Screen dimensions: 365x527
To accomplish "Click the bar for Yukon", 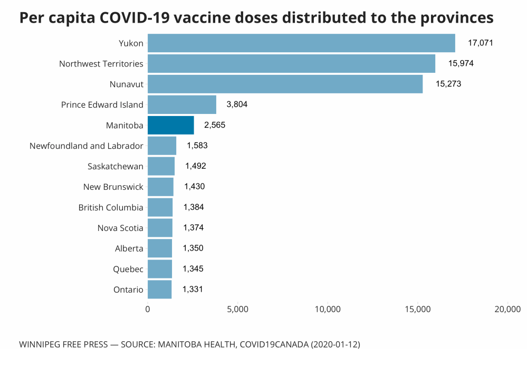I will [301, 43].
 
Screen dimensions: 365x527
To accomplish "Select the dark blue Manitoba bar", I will [170, 125].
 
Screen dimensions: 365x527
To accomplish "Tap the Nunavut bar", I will [285, 84].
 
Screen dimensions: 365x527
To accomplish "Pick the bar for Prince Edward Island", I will [182, 104].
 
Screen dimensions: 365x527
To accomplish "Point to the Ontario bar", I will [159, 290].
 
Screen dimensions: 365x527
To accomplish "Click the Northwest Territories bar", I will [291, 63].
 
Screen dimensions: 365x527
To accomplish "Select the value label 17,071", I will [480, 43].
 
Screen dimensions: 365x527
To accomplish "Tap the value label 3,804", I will [237, 104].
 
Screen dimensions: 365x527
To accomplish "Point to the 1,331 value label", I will [193, 289].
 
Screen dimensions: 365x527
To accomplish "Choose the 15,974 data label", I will [461, 63].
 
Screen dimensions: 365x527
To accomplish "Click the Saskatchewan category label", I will [116, 166].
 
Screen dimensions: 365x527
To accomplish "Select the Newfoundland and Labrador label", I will [87, 146].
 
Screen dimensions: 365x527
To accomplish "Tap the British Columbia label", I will [111, 207].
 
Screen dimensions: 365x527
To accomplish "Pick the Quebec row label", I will [128, 269].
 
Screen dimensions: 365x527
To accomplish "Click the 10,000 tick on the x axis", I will [328, 309].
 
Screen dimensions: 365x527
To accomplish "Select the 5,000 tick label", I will [237, 309].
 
